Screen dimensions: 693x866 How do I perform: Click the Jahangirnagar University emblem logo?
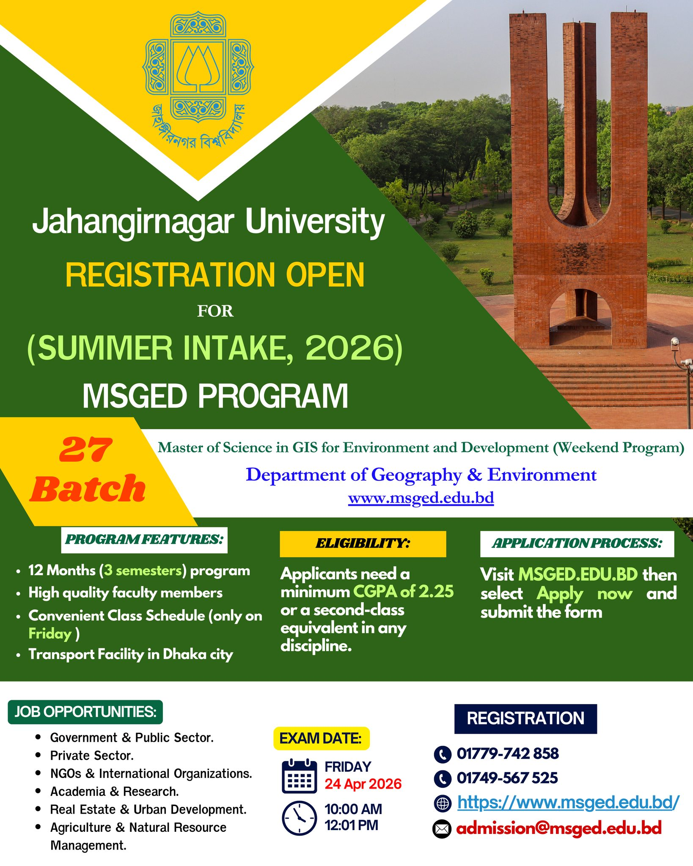[x=198, y=80]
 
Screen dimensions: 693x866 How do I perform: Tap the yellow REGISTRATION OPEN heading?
[x=215, y=275]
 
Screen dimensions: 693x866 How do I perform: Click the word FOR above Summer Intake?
[x=215, y=311]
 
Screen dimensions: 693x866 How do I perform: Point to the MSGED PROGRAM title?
[x=215, y=396]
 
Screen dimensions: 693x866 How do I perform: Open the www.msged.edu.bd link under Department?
[x=421, y=498]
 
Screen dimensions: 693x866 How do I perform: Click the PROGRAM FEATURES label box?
[x=144, y=540]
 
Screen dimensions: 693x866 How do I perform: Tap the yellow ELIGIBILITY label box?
[x=363, y=544]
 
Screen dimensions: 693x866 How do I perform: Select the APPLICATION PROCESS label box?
[x=577, y=544]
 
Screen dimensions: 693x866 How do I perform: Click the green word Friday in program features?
[x=50, y=633]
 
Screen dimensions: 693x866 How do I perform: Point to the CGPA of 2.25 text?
[x=403, y=592]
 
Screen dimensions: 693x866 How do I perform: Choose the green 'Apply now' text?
[x=585, y=594]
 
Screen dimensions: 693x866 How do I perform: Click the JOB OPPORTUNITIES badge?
[x=85, y=712]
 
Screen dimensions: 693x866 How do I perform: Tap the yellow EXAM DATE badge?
[x=321, y=738]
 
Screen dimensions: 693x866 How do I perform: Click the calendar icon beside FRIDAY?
[x=299, y=776]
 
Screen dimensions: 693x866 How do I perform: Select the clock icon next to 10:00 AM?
[x=299, y=818]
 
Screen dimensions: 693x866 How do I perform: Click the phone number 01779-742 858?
[x=508, y=754]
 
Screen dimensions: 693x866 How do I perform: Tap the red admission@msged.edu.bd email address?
[x=559, y=828]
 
